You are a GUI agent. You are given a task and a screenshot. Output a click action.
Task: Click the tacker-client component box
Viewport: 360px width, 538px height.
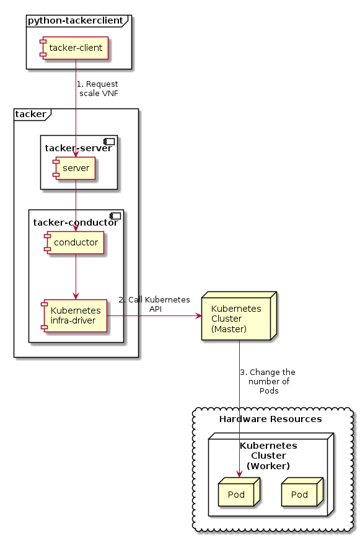75,48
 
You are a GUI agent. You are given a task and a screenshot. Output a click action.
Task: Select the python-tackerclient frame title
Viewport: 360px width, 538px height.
75,20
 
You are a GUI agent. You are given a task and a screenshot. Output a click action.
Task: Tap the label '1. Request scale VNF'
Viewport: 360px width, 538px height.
97,89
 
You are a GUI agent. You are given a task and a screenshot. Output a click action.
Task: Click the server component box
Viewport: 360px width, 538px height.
75,168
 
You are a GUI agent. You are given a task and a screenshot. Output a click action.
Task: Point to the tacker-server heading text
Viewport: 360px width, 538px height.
78,148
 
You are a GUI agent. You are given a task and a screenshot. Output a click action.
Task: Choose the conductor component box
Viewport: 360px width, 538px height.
75,242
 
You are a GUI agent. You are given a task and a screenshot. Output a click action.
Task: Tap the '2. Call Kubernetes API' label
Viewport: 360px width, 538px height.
154,304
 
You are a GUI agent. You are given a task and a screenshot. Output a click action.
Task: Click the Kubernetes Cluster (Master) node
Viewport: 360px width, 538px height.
236,319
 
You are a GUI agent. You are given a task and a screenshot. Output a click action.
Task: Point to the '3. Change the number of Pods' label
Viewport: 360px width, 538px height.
268,382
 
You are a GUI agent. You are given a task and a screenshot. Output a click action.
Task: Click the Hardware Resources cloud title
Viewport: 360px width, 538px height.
270,419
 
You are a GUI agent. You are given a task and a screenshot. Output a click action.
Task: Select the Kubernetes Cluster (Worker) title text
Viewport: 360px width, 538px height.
268,455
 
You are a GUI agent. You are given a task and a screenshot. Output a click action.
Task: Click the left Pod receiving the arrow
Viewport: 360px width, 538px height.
237,494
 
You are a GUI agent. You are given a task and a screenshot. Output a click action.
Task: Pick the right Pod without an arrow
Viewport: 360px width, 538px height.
300,494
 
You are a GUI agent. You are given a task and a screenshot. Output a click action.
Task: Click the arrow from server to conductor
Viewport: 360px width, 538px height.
76,205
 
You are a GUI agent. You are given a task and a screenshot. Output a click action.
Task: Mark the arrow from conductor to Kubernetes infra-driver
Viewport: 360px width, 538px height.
76,276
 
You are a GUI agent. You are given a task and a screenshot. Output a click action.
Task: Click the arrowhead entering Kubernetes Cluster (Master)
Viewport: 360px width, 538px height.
198,316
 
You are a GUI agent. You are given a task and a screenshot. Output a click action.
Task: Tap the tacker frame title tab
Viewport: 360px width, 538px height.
30,114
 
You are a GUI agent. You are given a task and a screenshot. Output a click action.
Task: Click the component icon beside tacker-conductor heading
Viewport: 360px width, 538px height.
115,216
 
